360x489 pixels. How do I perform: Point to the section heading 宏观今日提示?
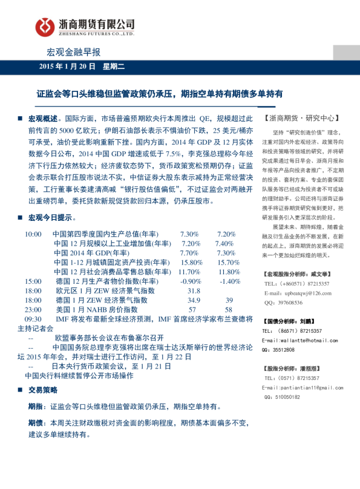click(50, 217)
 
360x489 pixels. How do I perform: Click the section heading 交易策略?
click(43, 390)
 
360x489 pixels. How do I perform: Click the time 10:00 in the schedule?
click(33, 234)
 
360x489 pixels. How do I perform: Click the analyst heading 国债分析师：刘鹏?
click(292, 321)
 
